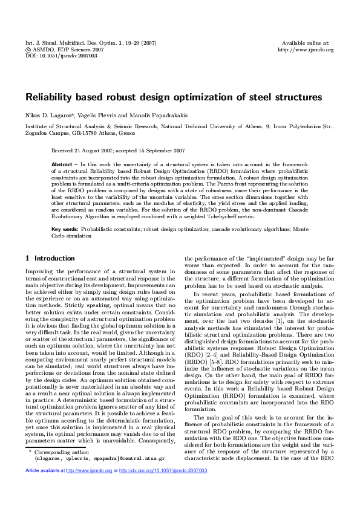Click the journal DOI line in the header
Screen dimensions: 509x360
pos(53,55)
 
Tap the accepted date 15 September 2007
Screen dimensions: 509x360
pos(162,150)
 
